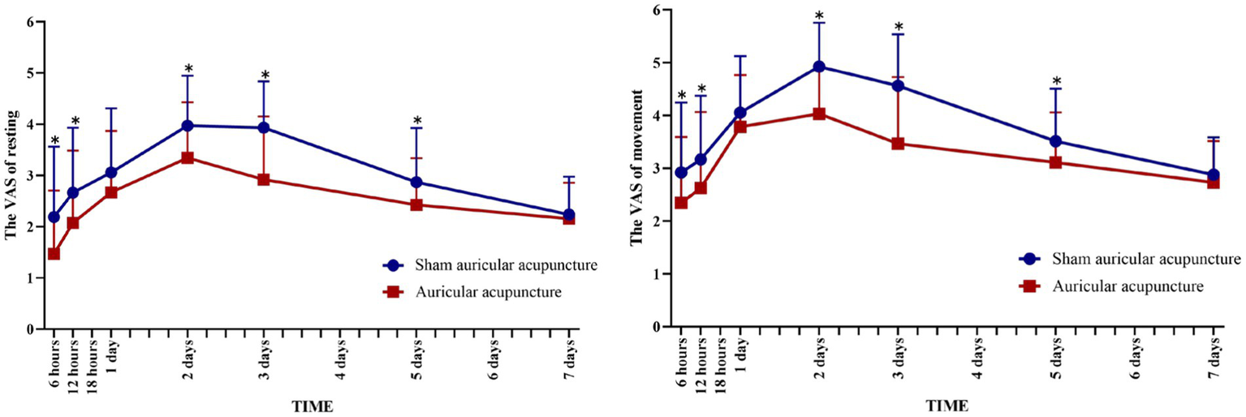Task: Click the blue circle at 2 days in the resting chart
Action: pos(188,126)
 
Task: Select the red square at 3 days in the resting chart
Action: pos(263,179)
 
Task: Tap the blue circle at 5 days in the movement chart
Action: pos(1055,141)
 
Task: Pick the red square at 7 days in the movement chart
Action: pos(1213,182)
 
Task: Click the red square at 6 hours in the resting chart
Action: pos(54,254)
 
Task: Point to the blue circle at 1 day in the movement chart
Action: pos(740,113)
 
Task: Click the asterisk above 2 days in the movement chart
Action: pos(819,15)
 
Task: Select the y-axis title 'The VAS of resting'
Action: pos(11,169)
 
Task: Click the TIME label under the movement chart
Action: pos(947,404)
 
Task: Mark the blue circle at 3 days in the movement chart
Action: pos(898,86)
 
